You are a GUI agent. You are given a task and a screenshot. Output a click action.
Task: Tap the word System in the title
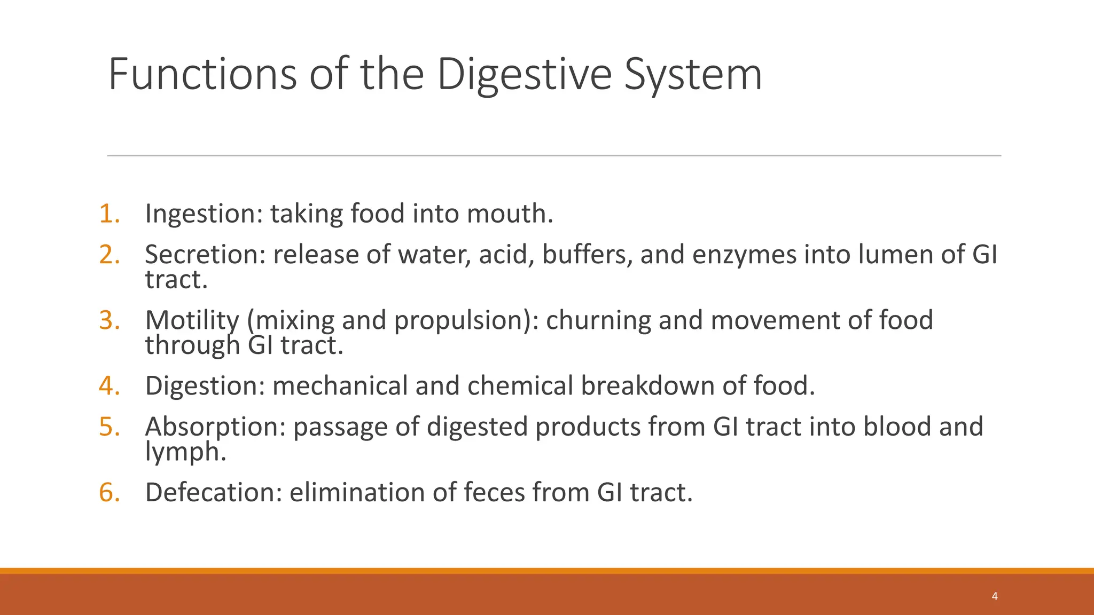693,75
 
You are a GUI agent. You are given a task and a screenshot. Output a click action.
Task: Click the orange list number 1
109,214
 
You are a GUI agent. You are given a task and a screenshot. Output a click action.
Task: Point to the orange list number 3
109,320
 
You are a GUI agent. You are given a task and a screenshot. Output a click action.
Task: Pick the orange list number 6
109,492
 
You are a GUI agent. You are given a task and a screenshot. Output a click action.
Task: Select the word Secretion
205,254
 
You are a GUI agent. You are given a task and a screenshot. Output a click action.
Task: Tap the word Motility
192,320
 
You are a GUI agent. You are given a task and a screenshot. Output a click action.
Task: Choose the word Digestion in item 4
205,385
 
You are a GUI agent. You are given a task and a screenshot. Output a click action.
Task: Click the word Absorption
215,427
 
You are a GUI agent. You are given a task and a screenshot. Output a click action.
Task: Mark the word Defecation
213,492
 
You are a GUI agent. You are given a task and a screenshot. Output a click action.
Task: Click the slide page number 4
994,596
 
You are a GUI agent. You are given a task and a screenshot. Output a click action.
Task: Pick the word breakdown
647,385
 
